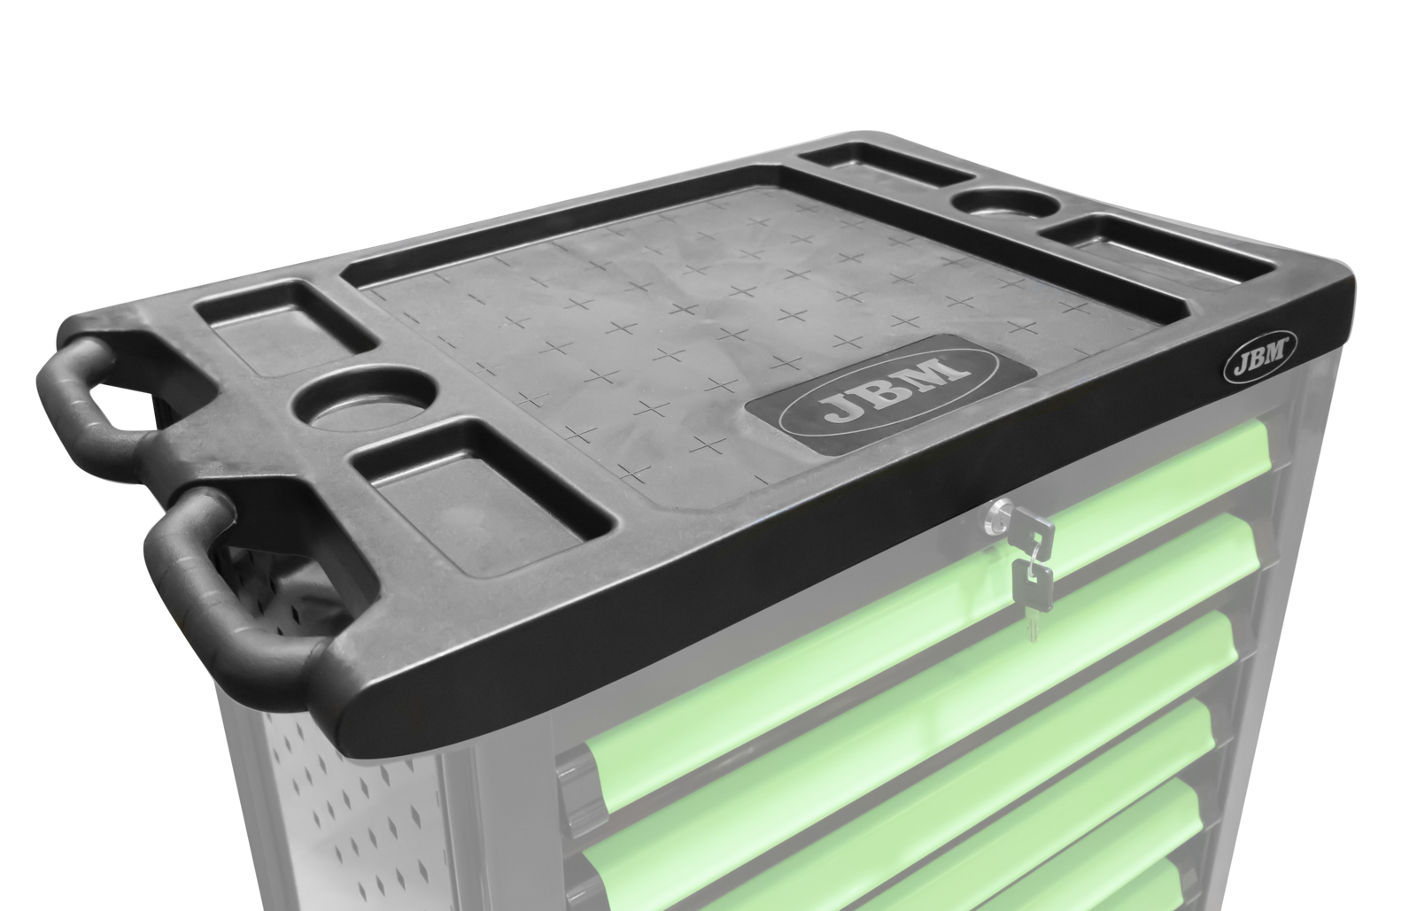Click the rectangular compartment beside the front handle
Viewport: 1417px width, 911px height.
click(x=476, y=494)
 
